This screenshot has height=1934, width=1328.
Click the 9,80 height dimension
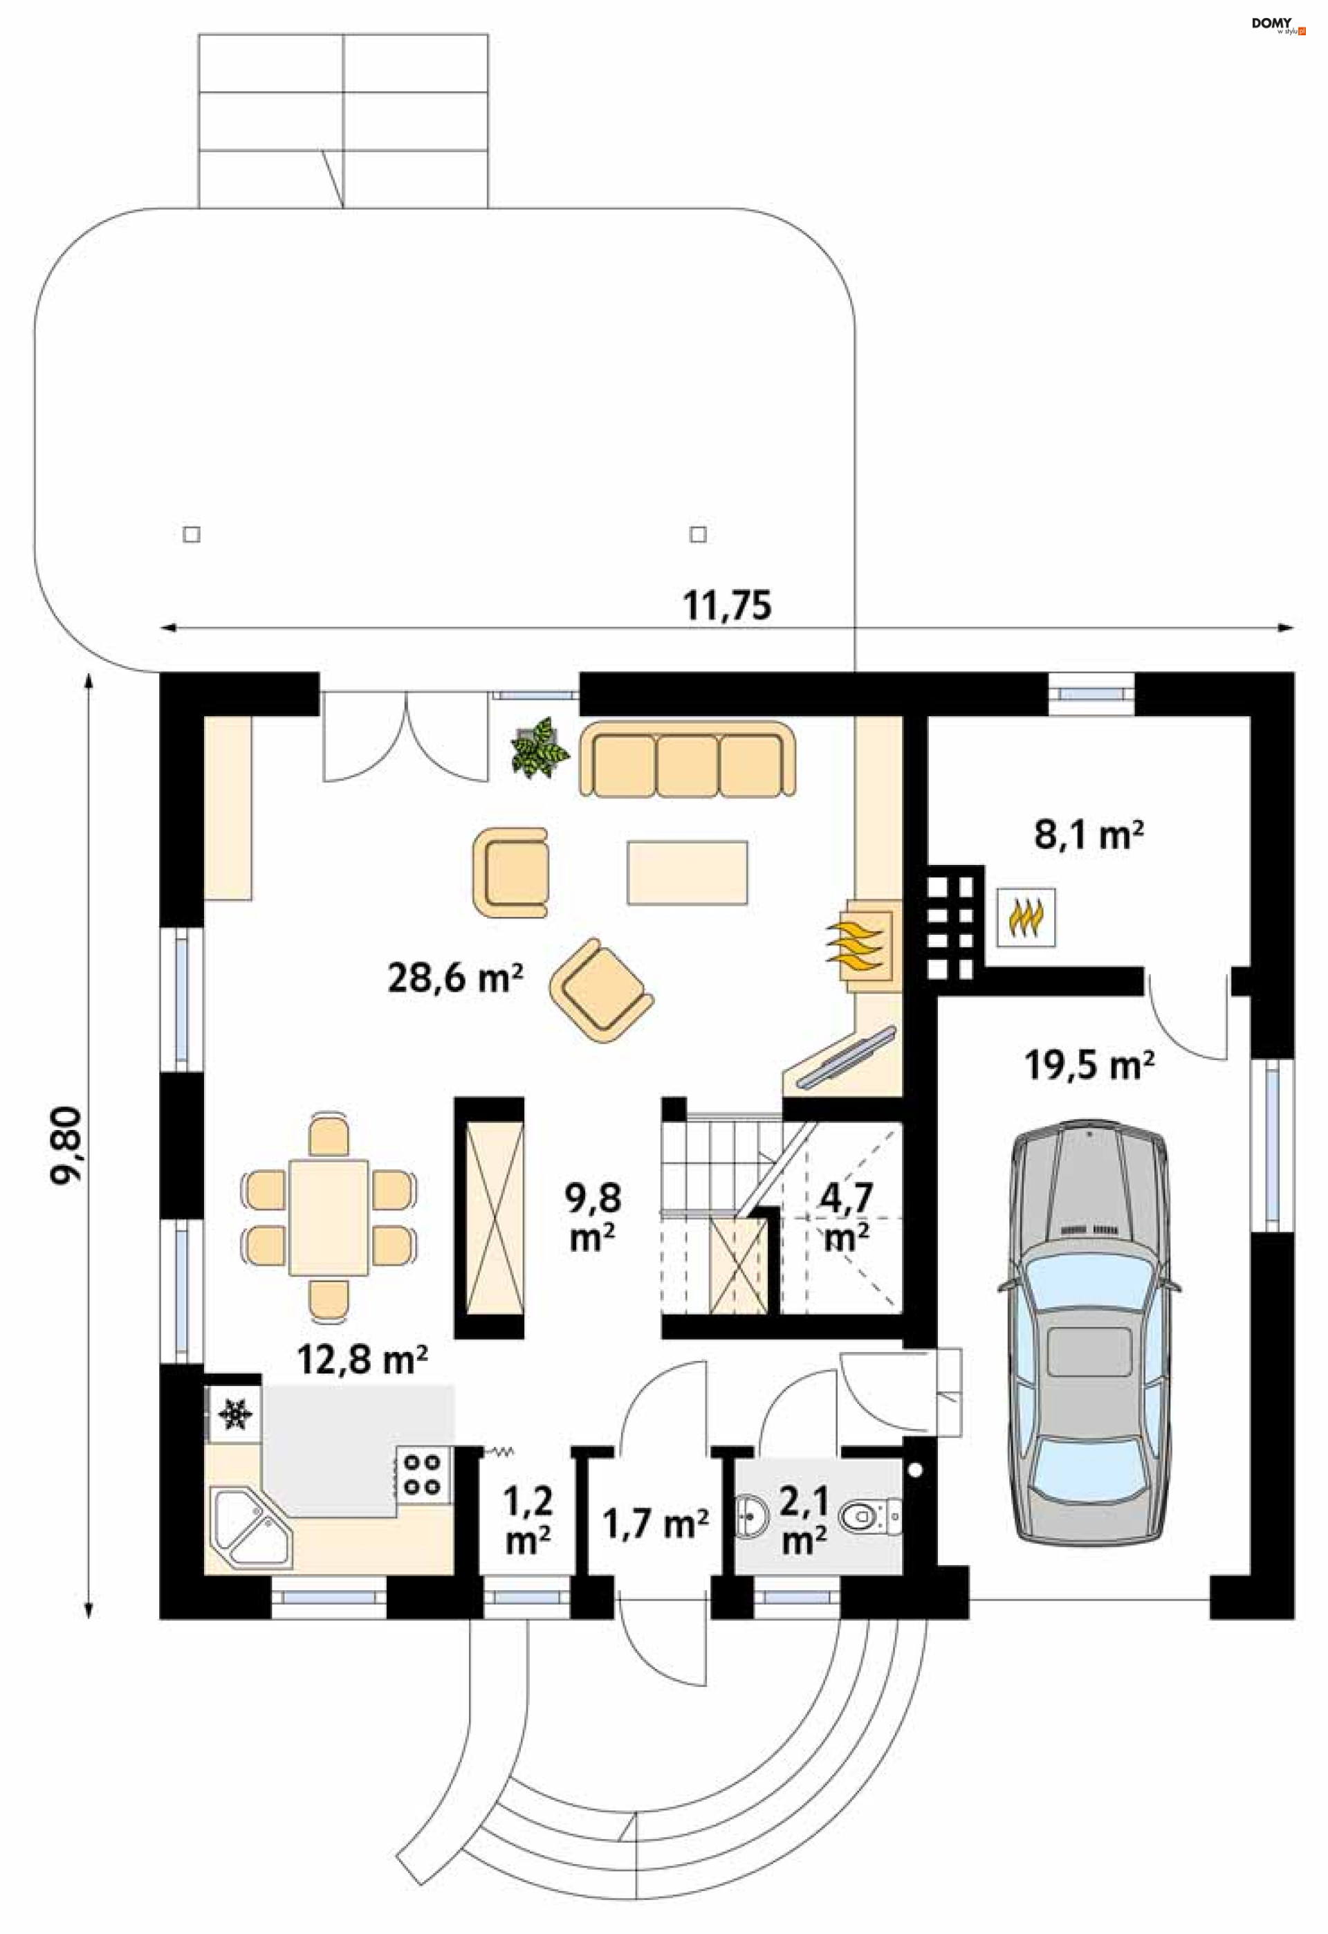(66, 1145)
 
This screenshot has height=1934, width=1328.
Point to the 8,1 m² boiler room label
(1089, 834)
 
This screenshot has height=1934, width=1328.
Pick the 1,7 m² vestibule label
(656, 1523)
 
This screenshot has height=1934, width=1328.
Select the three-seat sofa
(688, 760)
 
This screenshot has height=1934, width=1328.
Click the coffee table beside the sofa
(688, 872)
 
